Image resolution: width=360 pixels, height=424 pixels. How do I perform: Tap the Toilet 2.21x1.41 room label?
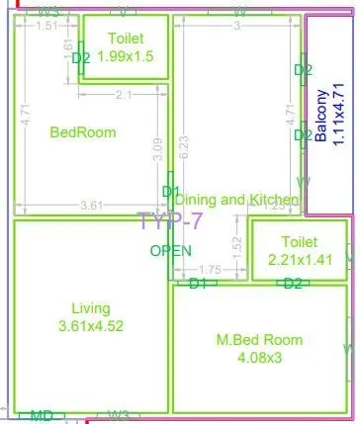(x=299, y=251)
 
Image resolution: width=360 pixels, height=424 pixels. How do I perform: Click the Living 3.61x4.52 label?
(x=91, y=316)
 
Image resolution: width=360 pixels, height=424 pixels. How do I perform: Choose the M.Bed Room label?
(x=259, y=348)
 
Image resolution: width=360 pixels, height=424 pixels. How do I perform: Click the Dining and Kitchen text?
(x=236, y=200)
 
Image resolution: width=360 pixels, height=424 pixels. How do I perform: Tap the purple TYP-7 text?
(x=169, y=221)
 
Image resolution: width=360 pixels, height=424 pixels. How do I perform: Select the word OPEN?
(x=170, y=251)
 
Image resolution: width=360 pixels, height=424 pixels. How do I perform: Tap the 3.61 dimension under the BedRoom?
(x=91, y=206)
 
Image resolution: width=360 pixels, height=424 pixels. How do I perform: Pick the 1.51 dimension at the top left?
(x=45, y=26)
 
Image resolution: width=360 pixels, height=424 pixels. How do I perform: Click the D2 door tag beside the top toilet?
(x=81, y=58)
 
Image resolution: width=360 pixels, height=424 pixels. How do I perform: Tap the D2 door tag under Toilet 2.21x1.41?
(x=292, y=284)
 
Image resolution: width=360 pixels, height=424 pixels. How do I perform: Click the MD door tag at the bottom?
(x=42, y=415)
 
